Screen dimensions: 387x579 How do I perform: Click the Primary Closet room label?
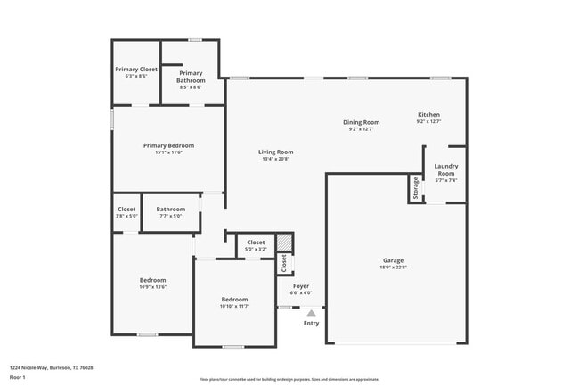coord(136,69)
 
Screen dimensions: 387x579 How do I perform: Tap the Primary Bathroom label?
coord(191,77)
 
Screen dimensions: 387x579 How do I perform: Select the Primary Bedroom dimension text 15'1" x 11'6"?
coord(168,152)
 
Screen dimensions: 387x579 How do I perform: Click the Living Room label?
coord(276,152)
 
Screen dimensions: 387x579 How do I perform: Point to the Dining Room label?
coord(362,122)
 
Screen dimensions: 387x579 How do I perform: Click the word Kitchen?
coord(428,115)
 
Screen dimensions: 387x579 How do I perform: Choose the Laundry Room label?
coord(445,169)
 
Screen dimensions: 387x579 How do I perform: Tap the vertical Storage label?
coord(415,188)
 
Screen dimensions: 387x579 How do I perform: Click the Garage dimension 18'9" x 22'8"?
coord(394,267)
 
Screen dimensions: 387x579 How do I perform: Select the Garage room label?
coord(394,259)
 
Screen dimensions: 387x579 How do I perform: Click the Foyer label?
coord(300,286)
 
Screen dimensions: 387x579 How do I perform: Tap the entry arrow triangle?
coord(311,313)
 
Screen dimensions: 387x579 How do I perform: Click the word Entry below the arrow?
coord(311,323)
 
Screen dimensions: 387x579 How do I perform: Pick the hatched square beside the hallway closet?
coord(283,243)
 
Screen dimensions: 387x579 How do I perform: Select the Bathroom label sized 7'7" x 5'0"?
coord(170,210)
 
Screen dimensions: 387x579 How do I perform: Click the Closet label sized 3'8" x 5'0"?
coord(126,210)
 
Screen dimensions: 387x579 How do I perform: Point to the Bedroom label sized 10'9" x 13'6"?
coord(153,280)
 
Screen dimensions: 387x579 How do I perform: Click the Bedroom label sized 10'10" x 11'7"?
coord(234,299)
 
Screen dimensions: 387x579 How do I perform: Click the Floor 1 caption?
coord(18,377)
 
